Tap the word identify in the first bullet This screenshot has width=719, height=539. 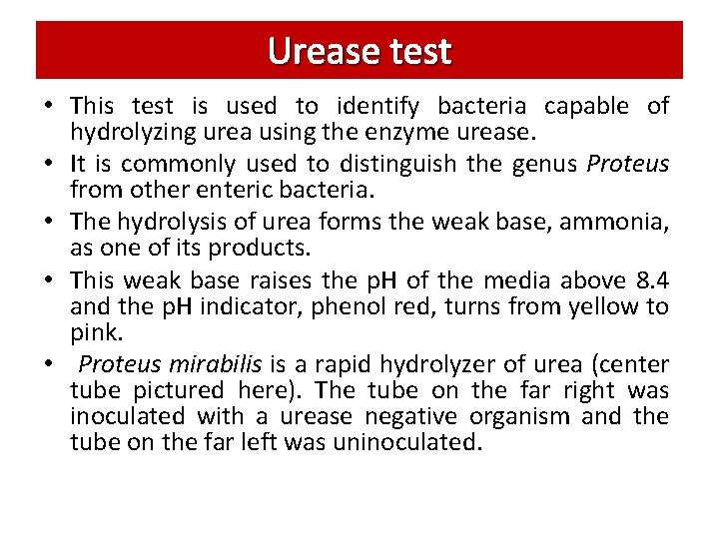(383, 106)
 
